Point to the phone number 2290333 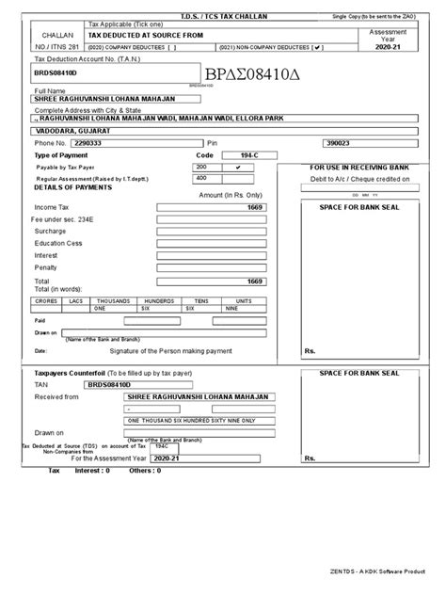(x=102, y=143)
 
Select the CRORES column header (x=45, y=300)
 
